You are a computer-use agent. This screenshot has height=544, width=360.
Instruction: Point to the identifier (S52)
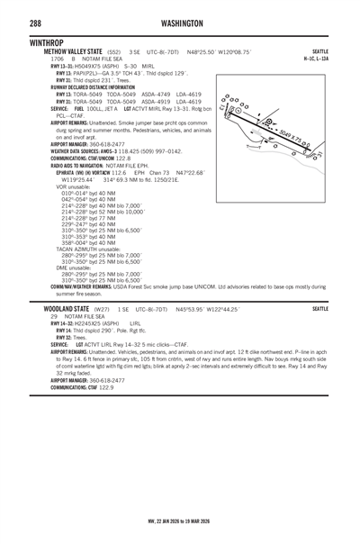tap(116, 52)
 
